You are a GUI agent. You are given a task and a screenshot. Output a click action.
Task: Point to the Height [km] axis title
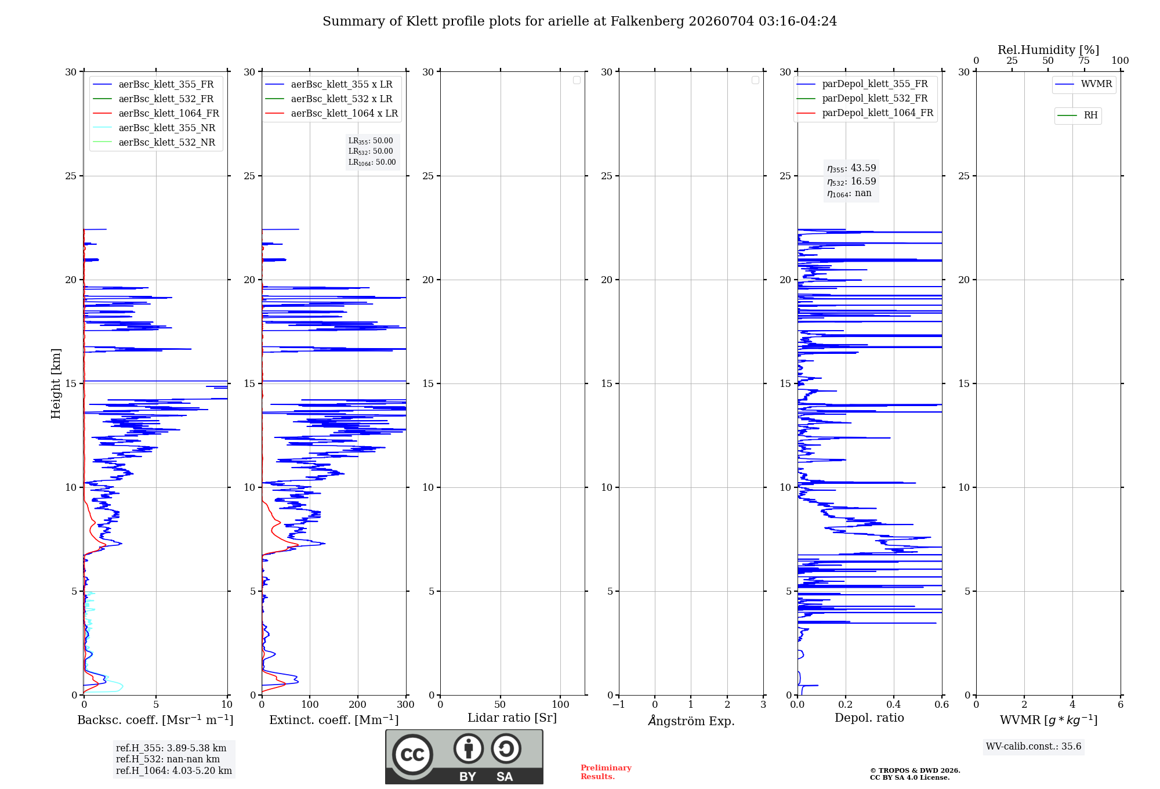point(56,383)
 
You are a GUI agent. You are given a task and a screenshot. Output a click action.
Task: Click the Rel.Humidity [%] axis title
point(1048,50)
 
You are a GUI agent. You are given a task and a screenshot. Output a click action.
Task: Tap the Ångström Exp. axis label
point(691,721)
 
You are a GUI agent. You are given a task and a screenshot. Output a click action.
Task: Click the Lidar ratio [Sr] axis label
point(512,718)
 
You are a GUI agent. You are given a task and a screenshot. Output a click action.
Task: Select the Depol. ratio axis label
point(869,718)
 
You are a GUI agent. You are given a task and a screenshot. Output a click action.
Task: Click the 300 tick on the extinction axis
point(406,704)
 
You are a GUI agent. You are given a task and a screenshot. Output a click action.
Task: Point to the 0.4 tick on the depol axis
point(894,704)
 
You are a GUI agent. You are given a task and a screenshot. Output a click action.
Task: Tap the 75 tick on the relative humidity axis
point(1084,61)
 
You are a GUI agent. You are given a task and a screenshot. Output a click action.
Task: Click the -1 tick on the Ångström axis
point(619,704)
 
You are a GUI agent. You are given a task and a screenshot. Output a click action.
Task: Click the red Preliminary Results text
point(606,772)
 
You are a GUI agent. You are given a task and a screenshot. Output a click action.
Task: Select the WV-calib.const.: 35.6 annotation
point(1034,747)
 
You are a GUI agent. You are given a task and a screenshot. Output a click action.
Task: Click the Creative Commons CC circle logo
point(412,755)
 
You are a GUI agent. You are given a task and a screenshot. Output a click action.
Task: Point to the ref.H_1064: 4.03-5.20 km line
point(174,771)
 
